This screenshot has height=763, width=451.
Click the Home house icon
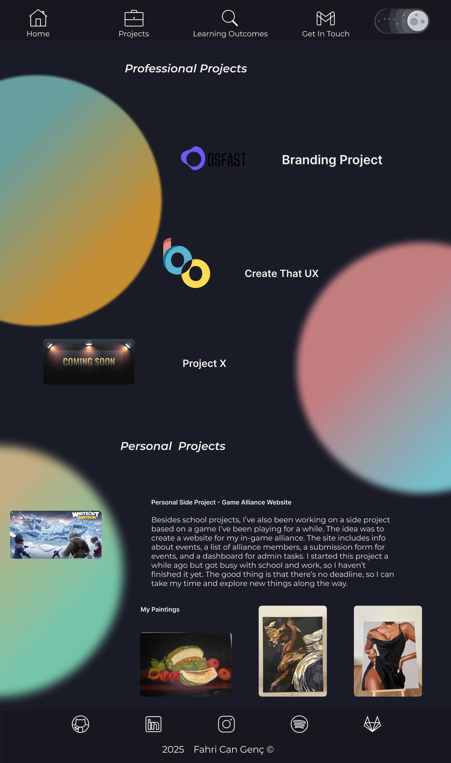(38, 18)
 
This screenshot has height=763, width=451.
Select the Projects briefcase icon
(134, 18)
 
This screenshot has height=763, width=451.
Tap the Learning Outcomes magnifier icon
(230, 18)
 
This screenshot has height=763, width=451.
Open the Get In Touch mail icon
(325, 18)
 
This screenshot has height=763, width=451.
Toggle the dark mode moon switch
(402, 21)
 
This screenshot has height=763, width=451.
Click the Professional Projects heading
(186, 69)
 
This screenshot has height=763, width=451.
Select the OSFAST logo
(214, 159)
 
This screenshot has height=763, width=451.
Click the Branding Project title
(332, 160)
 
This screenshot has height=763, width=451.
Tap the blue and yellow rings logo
(186, 264)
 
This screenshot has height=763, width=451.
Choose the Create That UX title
(282, 274)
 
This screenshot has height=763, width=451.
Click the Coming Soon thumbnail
(89, 362)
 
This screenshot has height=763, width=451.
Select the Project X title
(204, 363)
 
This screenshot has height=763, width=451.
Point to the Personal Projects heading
(173, 446)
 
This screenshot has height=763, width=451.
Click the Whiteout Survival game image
(56, 535)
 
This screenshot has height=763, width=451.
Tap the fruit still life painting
(186, 664)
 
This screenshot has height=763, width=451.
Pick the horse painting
(293, 651)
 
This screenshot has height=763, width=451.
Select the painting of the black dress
(388, 651)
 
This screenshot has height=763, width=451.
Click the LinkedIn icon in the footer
(153, 724)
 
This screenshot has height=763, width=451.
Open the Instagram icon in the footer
(226, 724)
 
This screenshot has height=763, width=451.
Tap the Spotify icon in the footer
(299, 724)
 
